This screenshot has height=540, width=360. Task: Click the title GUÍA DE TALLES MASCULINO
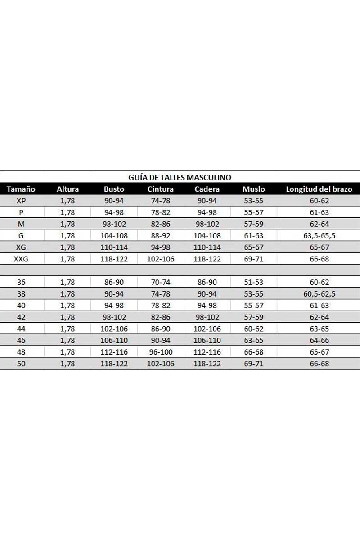pyautogui.click(x=180, y=177)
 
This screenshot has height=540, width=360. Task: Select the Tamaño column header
pyautogui.click(x=21, y=189)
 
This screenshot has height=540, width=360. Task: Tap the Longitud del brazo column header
pyautogui.click(x=319, y=189)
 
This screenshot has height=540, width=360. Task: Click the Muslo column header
pyautogui.click(x=253, y=189)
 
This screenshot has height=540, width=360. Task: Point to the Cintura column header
pyautogui.click(x=160, y=189)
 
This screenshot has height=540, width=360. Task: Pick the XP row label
pyautogui.click(x=21, y=201)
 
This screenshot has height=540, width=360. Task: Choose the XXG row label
pyautogui.click(x=21, y=259)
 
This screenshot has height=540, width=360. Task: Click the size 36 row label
pyautogui.click(x=21, y=283)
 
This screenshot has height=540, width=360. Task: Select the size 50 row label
pyautogui.click(x=21, y=364)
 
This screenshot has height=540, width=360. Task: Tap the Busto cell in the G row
pyautogui.click(x=114, y=236)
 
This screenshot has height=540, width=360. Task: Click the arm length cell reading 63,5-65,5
pyautogui.click(x=319, y=236)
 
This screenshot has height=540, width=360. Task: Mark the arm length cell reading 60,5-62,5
pyautogui.click(x=319, y=294)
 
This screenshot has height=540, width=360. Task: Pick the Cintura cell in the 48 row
pyautogui.click(x=160, y=352)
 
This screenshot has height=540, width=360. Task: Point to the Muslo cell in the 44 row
pyautogui.click(x=253, y=328)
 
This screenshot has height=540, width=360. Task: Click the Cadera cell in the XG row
pyautogui.click(x=207, y=247)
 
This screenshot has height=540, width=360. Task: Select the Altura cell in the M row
pyautogui.click(x=67, y=224)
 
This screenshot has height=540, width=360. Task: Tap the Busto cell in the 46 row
pyautogui.click(x=114, y=340)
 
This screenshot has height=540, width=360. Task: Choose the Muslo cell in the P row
pyautogui.click(x=253, y=212)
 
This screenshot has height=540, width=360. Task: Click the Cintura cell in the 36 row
pyautogui.click(x=160, y=283)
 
